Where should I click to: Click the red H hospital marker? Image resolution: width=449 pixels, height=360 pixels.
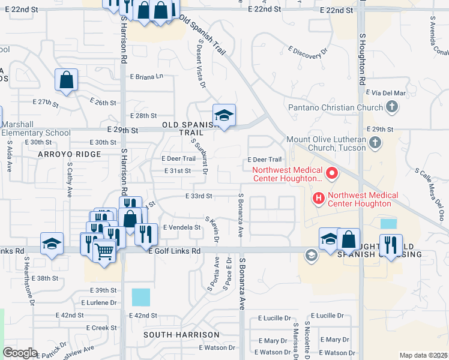318,197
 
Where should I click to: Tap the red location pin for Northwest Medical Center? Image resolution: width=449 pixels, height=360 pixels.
330,175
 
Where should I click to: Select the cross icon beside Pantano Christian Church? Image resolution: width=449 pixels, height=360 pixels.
392,108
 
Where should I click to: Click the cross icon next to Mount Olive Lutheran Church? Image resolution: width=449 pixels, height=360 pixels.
375,143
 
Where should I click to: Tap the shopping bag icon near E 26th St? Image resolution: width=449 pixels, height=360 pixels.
66,80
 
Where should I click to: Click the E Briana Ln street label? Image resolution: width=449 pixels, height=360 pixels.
146,77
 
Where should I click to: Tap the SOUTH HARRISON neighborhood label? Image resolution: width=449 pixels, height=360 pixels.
173,334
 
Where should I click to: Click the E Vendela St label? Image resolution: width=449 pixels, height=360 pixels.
182,227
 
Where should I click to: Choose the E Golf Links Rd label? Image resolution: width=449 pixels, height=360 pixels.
175,251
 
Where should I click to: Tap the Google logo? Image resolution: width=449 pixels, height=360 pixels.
20,353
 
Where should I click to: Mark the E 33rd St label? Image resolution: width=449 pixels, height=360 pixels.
199,196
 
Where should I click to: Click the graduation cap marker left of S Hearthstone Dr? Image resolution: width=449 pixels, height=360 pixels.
52,243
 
